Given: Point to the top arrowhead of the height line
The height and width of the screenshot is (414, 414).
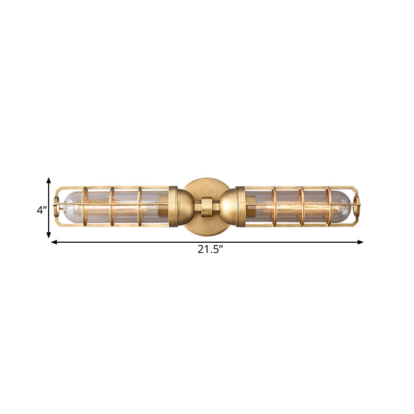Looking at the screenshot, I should click(49, 180).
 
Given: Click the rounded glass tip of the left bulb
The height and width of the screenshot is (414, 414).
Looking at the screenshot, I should click(66, 206).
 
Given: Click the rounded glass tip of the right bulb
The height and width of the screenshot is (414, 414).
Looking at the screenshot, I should click(347, 206).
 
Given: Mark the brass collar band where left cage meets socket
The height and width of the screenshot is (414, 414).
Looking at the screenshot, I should click(173, 206).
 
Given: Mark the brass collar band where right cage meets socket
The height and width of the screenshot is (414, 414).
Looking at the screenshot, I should click(240, 206).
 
